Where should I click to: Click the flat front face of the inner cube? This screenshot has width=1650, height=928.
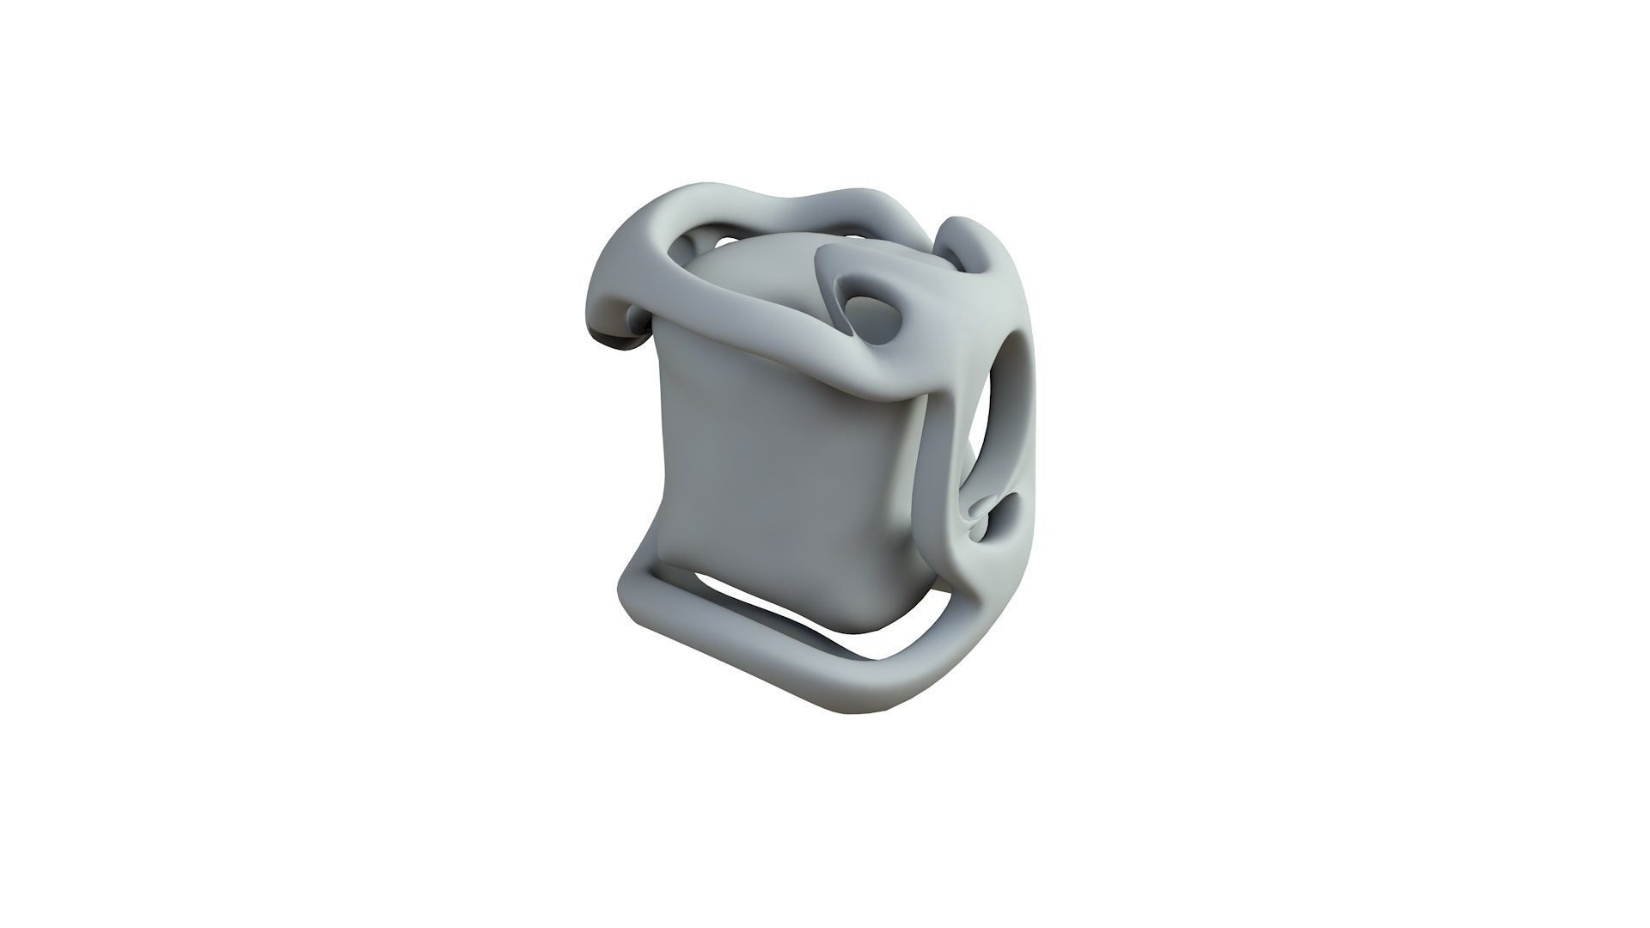tap(773, 481)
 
